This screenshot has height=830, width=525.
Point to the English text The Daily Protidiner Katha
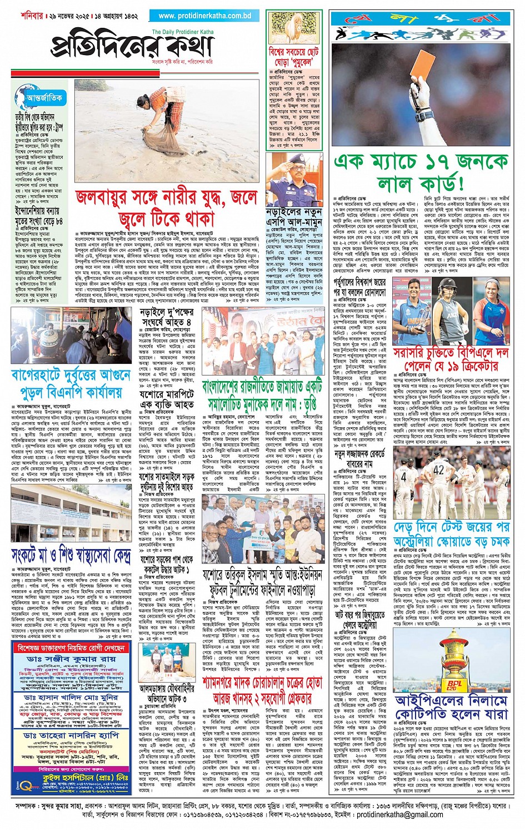[182, 32]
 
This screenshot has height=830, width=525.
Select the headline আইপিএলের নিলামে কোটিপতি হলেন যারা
[452, 707]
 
